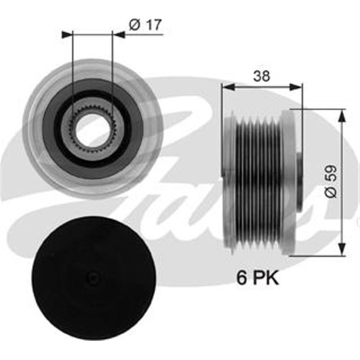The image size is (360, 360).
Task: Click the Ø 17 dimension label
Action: (x=145, y=26)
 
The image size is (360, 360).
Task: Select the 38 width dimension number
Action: (x=261, y=76)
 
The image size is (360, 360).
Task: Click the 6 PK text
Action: (x=258, y=278)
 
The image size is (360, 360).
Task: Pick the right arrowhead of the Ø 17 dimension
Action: (x=118, y=34)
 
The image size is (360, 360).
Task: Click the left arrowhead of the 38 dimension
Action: (x=226, y=87)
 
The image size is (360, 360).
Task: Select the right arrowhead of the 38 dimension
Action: (x=297, y=87)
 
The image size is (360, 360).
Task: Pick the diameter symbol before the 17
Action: (x=134, y=26)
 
